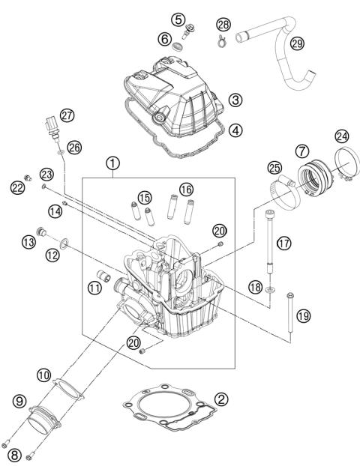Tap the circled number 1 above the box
pos(112,162)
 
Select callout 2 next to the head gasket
pos(220,399)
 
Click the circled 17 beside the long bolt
pos(283,243)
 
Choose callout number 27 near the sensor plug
pos(68,115)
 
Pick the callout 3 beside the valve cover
pos(235,98)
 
